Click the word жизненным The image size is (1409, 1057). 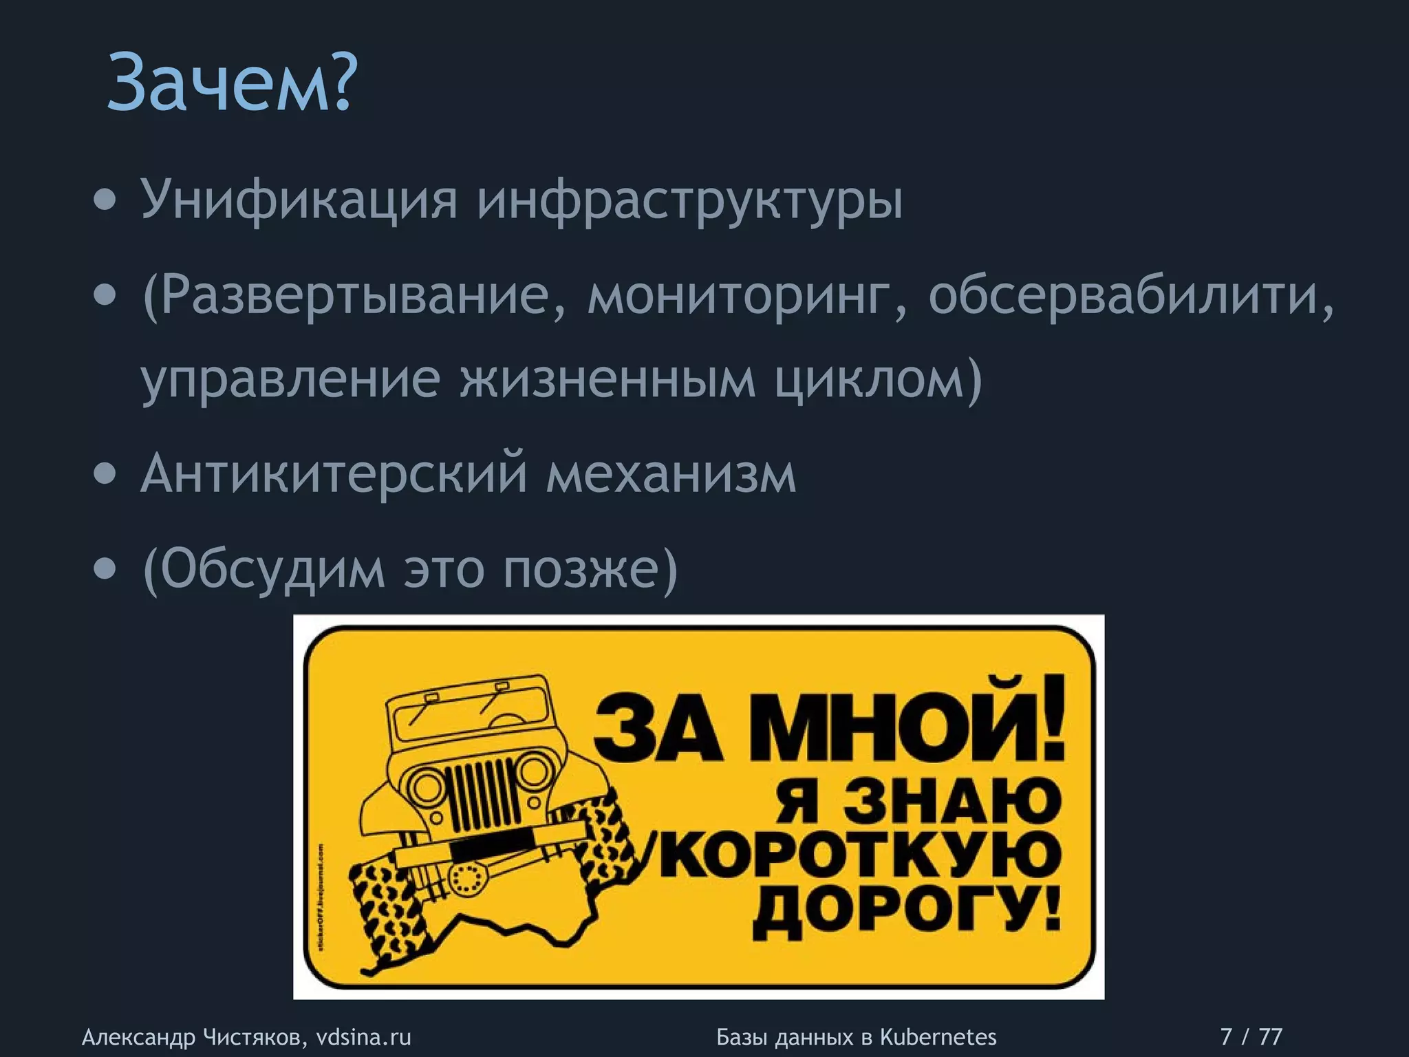(607, 378)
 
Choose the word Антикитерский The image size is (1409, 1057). (334, 473)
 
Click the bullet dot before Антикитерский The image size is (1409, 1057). (105, 474)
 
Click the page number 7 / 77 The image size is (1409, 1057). (1251, 1036)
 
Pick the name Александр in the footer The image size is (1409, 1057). (138, 1036)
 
